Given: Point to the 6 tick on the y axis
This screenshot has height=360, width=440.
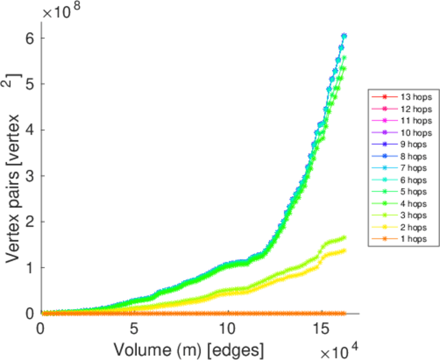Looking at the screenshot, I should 30,38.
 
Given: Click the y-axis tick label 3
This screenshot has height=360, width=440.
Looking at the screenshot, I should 30,176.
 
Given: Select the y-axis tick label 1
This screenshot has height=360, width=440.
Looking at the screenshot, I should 30,268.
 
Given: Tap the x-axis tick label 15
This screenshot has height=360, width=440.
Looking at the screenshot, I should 320,329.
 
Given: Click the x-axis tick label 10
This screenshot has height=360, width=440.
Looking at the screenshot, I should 227,329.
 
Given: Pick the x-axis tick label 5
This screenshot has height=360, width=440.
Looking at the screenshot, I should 134,329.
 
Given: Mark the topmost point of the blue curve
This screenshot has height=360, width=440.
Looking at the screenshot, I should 344,36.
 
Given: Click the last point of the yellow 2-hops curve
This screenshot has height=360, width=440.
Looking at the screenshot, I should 344,250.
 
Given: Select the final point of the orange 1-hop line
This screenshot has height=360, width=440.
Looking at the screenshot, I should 344,313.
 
